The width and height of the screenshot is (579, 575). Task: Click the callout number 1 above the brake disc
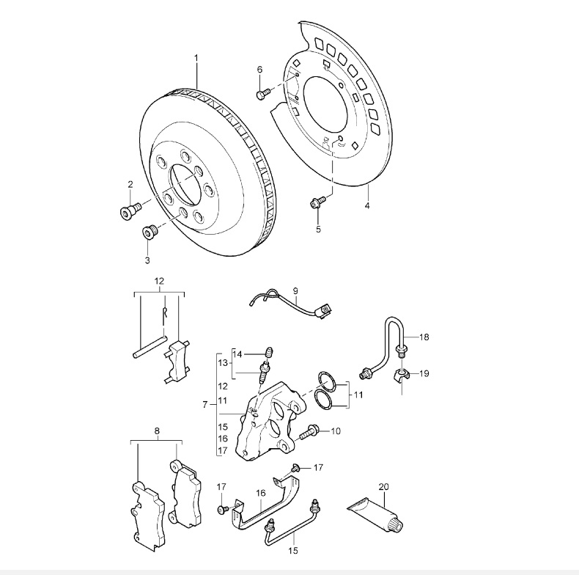[x=196, y=57]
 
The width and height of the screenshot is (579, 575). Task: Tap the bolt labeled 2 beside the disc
[x=128, y=210]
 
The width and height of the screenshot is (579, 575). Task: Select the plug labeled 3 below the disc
[x=150, y=234]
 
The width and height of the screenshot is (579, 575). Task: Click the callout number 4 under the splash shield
[x=366, y=206]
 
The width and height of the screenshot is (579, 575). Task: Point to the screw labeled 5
[x=317, y=202]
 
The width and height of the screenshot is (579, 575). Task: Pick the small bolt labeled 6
[x=262, y=93]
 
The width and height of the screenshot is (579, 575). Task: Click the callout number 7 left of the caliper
[x=205, y=404]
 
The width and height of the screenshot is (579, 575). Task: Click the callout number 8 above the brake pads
[x=157, y=432]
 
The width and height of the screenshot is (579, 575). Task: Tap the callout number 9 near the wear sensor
[x=295, y=291]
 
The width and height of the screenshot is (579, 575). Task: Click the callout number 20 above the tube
[x=383, y=486]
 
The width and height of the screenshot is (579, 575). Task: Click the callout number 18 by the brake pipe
[x=424, y=337]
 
